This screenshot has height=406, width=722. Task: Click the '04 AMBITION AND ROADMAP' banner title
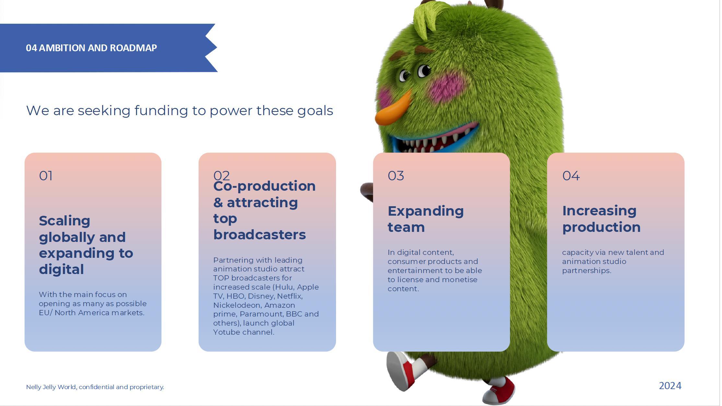coord(91,48)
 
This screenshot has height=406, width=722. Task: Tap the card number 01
coord(46,176)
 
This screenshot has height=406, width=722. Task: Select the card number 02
coord(222,175)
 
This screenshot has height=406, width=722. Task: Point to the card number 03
coord(396,176)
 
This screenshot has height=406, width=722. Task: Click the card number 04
coord(571,176)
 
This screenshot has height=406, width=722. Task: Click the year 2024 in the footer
coord(670,386)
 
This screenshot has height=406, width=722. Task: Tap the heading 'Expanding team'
coord(425,219)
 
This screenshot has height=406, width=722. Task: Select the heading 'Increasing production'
coord(601,219)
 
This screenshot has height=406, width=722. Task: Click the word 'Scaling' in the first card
coord(64,221)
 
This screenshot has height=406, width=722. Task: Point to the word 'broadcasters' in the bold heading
coord(259,234)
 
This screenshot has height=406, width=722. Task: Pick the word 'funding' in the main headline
coord(161,111)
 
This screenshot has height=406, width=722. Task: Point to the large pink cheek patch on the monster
coord(448,86)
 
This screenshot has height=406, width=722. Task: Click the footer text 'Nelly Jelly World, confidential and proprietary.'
coord(95,387)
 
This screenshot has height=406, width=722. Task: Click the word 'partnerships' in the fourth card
coord(587,271)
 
